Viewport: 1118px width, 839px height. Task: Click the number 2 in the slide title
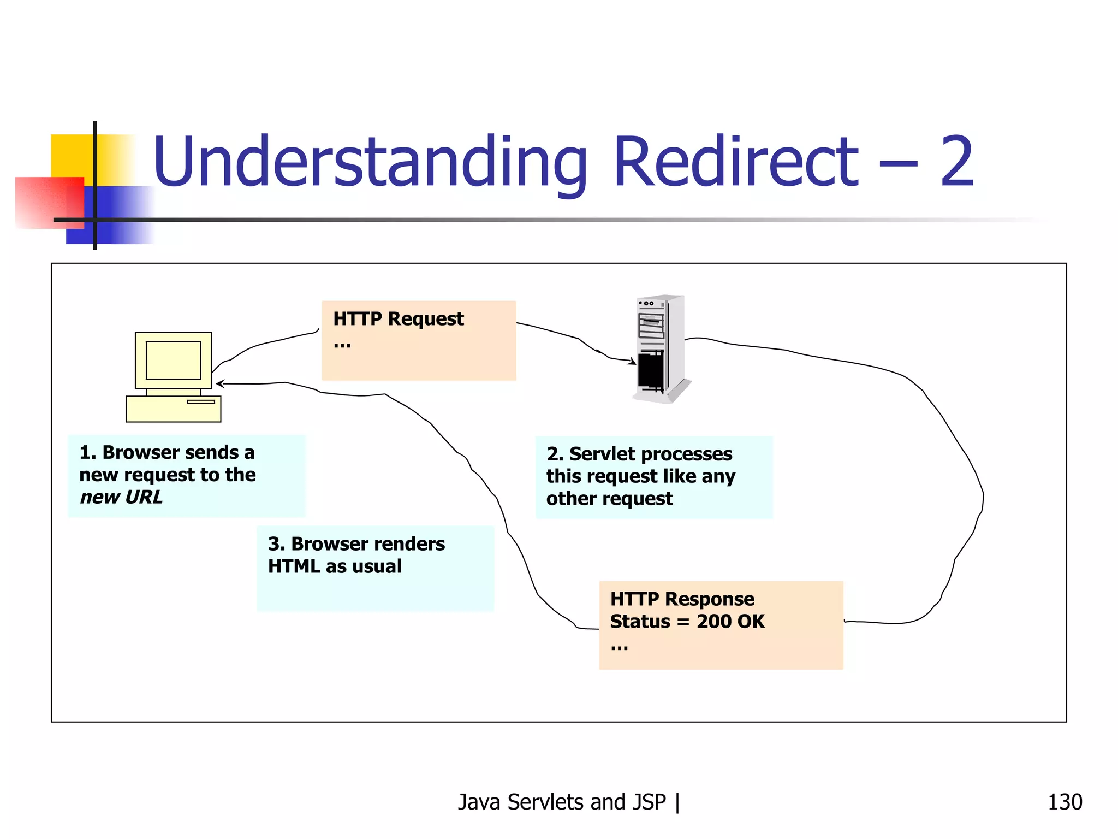point(957,162)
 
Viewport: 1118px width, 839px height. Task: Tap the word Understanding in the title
point(370,162)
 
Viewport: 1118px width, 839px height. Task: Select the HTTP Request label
point(399,318)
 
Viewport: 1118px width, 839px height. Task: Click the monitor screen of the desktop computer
point(173,361)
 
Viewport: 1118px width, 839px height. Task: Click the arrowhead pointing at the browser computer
point(219,384)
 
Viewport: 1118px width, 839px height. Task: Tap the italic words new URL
point(121,497)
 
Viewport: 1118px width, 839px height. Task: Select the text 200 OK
point(730,622)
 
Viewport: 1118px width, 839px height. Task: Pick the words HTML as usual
point(335,566)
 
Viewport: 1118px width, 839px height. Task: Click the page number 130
point(1065,802)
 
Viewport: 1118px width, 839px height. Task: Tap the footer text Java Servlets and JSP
point(562,802)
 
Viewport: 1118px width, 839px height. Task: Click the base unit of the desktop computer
point(173,409)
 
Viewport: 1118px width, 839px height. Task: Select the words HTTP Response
point(682,599)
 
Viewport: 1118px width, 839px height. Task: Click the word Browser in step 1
point(144,452)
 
